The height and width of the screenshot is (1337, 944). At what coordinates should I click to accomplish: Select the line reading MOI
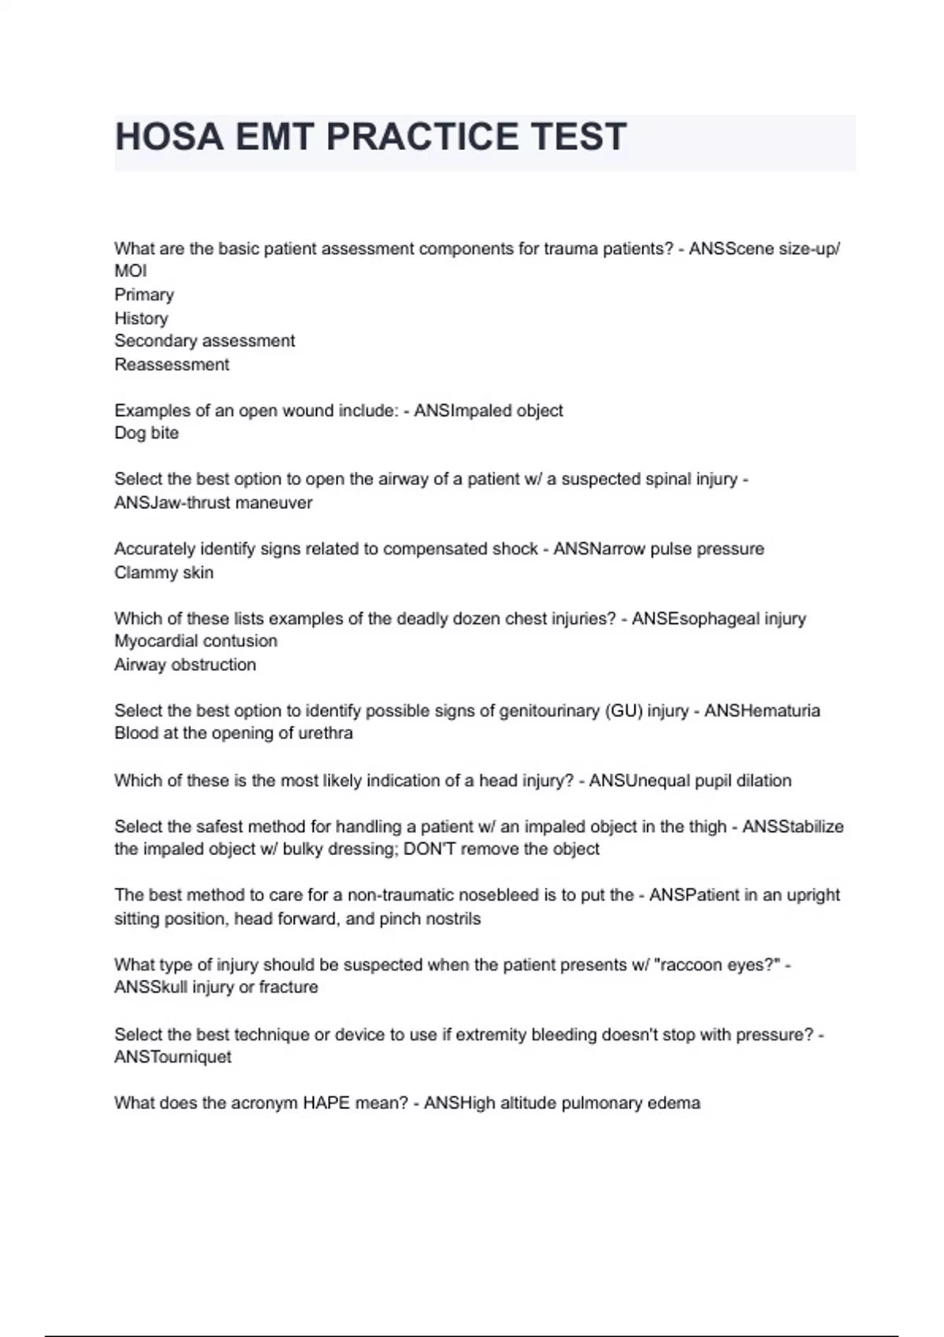131,271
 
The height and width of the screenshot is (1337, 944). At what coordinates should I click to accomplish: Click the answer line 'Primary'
144,295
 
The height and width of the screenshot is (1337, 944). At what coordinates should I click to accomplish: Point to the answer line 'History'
141,319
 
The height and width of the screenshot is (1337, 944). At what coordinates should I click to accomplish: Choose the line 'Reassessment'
171,365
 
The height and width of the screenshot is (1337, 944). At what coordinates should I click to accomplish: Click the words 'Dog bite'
146,433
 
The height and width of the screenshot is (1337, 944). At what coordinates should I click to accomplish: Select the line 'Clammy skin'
164,573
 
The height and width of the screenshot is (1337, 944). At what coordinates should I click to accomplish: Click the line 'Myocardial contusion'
196,641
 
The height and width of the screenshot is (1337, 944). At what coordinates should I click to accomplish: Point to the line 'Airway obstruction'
185,665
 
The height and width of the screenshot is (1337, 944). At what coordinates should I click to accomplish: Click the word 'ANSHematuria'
761,711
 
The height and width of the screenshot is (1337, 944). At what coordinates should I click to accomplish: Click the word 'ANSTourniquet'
173,1057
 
